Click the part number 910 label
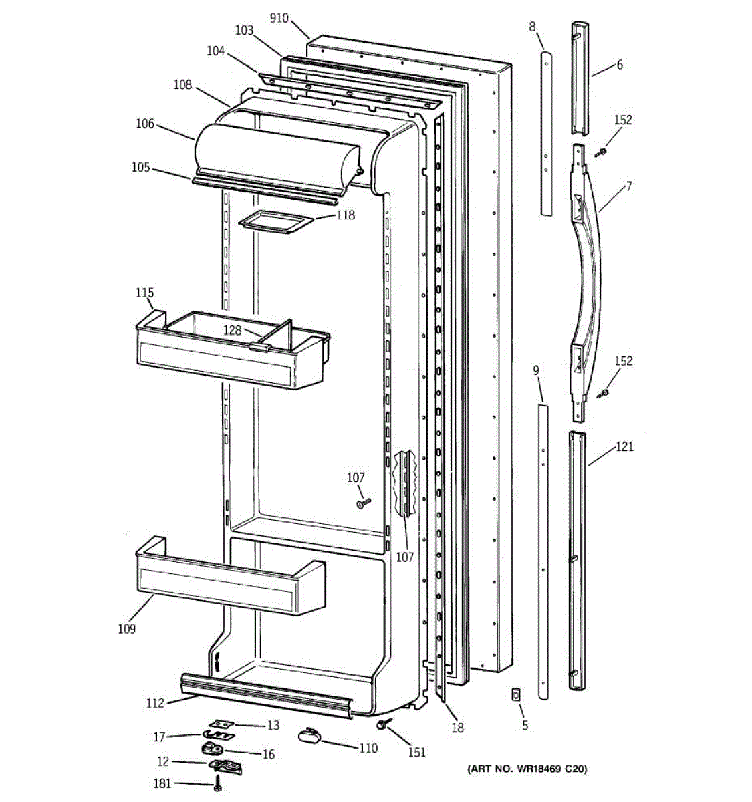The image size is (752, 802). point(279,18)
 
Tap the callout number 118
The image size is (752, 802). point(346,215)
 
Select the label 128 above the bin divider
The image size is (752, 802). point(231,330)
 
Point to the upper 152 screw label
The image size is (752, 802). point(622,120)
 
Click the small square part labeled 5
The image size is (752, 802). point(515,695)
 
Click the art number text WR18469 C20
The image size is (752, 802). point(527,770)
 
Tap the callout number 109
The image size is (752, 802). point(126,629)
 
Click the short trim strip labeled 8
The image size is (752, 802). point(547,134)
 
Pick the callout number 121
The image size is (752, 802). point(624,447)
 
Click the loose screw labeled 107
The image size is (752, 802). point(364,503)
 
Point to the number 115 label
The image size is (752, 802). point(144,293)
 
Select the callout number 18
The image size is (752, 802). point(457,728)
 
